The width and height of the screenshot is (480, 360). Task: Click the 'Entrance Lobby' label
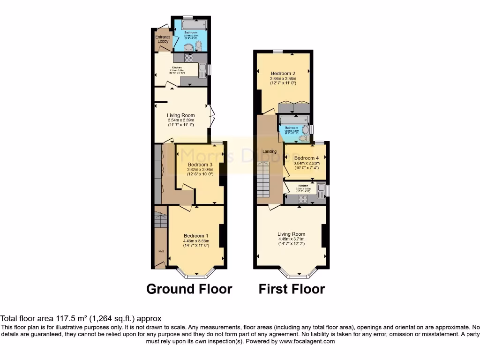click(x=163, y=39)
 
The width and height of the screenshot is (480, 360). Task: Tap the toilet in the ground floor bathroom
click(x=198, y=45)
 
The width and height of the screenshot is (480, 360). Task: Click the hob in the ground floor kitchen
click(x=189, y=58)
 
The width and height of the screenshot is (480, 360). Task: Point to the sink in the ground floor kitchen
click(x=202, y=70)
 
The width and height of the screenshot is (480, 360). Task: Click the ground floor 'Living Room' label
click(x=181, y=115)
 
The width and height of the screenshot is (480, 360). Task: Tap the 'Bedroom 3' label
click(x=200, y=165)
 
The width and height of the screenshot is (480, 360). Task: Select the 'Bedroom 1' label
click(x=196, y=235)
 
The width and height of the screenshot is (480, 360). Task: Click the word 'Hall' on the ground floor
click(x=161, y=252)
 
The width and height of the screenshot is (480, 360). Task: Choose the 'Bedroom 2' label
click(x=283, y=73)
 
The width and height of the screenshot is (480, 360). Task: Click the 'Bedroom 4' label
click(x=307, y=158)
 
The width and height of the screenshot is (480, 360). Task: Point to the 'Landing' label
click(x=270, y=151)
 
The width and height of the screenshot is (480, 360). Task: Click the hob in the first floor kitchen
click(x=302, y=199)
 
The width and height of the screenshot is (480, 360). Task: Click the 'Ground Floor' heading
click(x=189, y=289)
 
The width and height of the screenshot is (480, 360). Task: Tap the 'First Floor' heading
click(x=292, y=289)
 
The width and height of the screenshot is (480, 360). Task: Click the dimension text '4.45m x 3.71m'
click(x=291, y=239)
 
